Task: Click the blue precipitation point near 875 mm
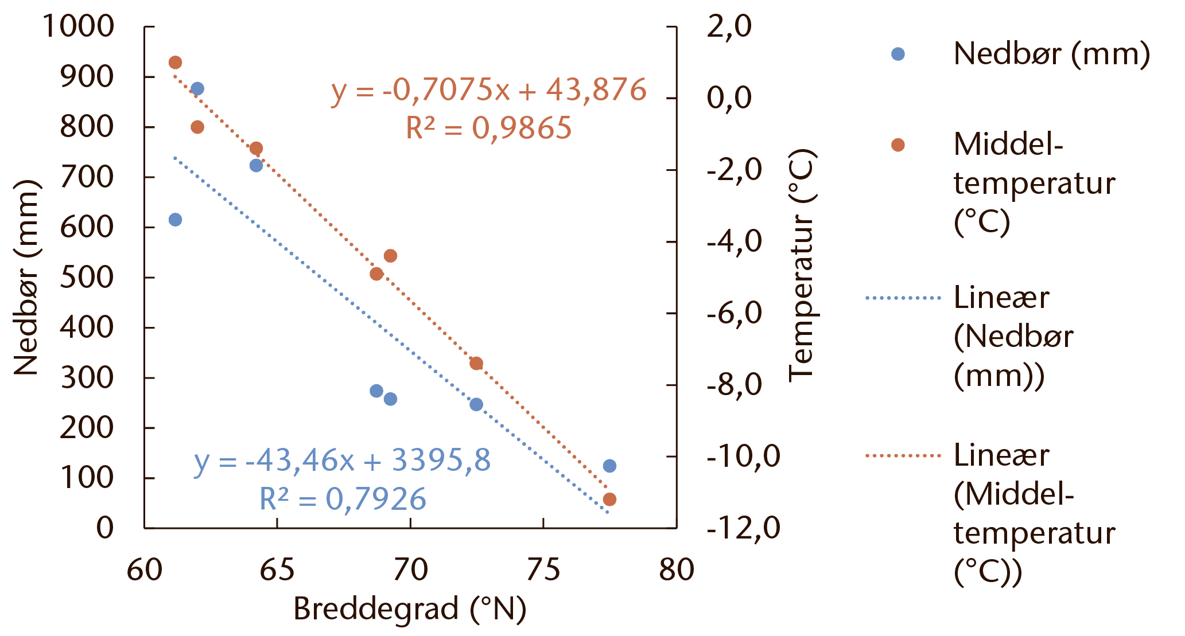point(197,89)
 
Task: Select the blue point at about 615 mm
point(176,220)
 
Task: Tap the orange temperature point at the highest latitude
point(609,500)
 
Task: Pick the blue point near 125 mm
point(609,466)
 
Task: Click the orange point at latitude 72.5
point(476,364)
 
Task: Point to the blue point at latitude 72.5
point(476,404)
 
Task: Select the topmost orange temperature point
point(176,63)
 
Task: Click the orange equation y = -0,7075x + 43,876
point(489,90)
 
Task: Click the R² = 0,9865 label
point(489,127)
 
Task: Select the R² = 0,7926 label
point(343,498)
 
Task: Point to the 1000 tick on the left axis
point(78,26)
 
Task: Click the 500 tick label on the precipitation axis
point(87,277)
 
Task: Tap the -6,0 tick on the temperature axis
point(735,313)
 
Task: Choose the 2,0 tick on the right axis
point(729,26)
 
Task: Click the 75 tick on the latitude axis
point(543,570)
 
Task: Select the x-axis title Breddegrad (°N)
point(410,609)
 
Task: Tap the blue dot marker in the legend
point(898,54)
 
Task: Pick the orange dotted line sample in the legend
point(903,456)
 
